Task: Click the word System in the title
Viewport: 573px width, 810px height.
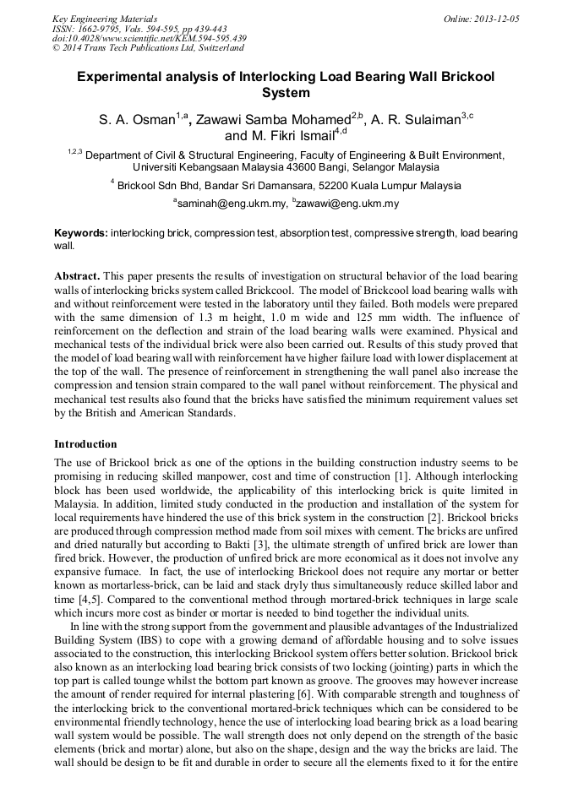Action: coord(286,93)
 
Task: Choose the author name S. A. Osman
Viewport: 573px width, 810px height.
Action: coord(136,120)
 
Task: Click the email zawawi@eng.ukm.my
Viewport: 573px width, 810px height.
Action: coord(348,204)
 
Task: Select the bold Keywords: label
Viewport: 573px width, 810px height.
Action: coord(81,232)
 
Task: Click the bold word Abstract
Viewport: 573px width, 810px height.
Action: coord(78,276)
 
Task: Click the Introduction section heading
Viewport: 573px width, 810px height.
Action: coord(85,443)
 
